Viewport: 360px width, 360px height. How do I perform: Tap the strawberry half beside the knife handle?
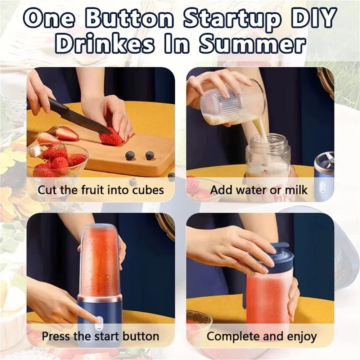pos(67,133)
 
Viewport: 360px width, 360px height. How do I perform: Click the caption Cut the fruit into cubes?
pos(101,190)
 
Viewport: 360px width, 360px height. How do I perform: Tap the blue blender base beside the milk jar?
pos(324,176)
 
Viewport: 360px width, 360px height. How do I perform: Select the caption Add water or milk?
pos(259,190)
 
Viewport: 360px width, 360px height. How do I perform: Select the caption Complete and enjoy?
pos(262,337)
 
